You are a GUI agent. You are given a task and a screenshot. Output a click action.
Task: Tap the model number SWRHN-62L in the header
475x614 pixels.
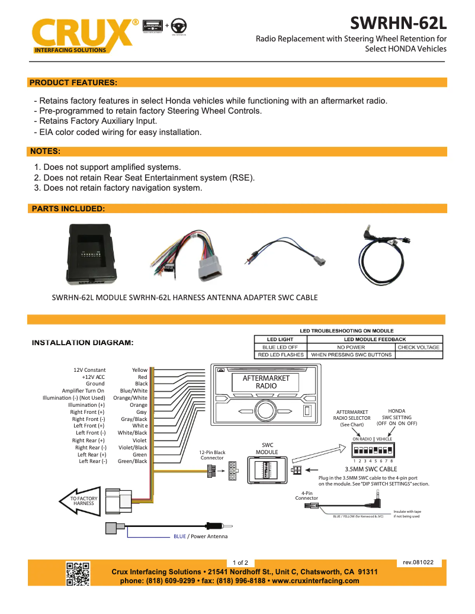pos(397,23)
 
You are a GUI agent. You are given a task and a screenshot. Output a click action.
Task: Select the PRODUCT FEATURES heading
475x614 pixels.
pos(73,82)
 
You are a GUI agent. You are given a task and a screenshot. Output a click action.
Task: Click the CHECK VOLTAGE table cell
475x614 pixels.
pos(419,348)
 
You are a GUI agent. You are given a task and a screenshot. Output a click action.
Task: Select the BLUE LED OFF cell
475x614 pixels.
pos(280,348)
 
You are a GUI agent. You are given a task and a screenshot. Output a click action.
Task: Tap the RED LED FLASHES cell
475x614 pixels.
pos(280,355)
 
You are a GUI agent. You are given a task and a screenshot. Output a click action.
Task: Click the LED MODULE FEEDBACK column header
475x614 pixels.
pos(375,339)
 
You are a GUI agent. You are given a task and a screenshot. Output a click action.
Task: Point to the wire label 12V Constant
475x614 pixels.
pos(89,370)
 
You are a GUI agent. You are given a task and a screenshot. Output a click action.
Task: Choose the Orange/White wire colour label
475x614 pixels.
pos(130,398)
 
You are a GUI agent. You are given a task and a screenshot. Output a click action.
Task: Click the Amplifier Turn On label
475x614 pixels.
pos(83,391)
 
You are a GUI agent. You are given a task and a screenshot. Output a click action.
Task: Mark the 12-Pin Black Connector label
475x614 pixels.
pos(212,455)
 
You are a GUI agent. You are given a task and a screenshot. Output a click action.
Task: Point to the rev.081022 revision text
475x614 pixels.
pos(418,562)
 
